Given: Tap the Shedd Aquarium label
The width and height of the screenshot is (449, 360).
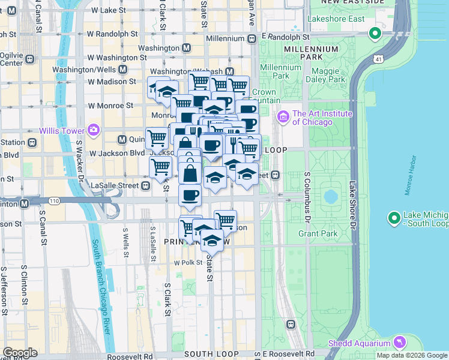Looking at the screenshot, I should click(x=358, y=343).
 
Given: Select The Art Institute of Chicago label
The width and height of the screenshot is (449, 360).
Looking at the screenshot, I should click(x=322, y=118).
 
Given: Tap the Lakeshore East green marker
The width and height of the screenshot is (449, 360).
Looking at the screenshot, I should click(x=376, y=33).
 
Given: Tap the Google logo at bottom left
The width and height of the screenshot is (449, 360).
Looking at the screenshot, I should click(x=20, y=352).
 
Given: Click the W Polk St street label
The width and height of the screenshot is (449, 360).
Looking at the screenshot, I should click(x=185, y=263).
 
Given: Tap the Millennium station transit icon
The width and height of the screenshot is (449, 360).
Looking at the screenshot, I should click(x=252, y=38).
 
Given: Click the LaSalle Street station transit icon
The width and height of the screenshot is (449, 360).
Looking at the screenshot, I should click(x=145, y=185).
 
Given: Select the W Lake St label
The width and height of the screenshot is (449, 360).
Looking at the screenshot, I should click(x=110, y=10).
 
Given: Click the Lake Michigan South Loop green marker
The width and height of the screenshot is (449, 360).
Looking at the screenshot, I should click(x=394, y=218).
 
